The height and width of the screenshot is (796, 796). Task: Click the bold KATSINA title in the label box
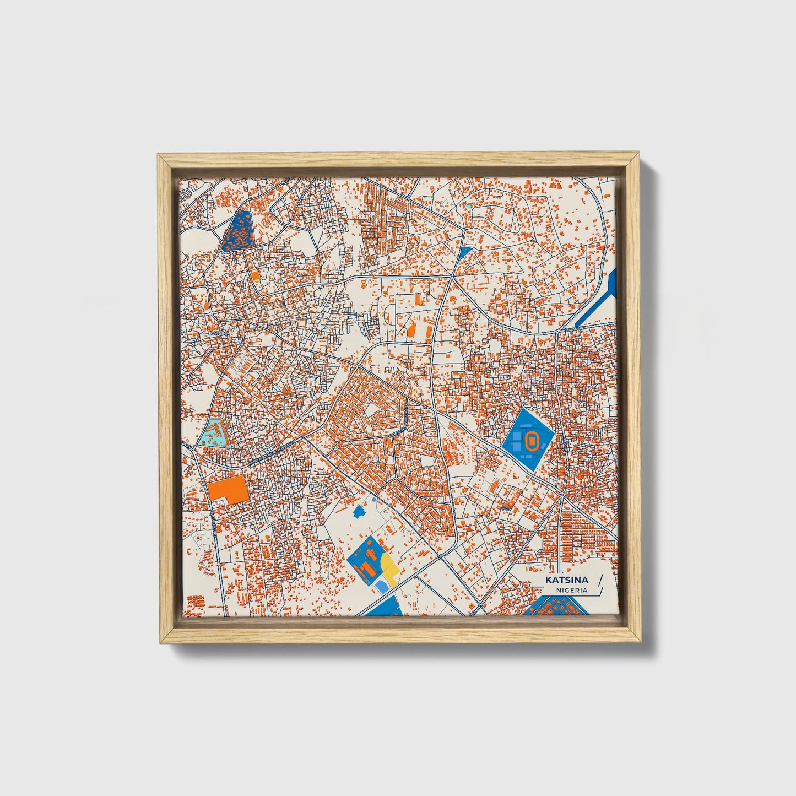point(567,580)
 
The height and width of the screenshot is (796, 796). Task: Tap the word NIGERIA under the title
point(571,590)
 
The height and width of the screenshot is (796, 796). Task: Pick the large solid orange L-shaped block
point(229,489)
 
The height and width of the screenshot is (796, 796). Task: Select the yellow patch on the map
point(388,567)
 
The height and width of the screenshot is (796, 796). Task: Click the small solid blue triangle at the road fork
point(464,252)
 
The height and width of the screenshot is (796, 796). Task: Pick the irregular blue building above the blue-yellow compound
point(360,511)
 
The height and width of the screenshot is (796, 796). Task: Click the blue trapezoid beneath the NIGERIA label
point(554,608)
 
